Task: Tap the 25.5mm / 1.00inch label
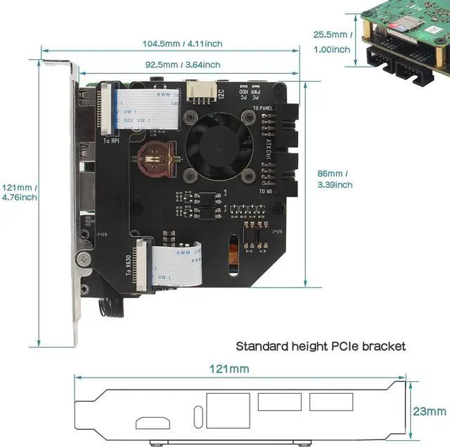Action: pos(331,41)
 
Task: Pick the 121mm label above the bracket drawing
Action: pos(229,369)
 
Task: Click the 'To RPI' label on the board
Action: pos(111,141)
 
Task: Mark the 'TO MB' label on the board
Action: pos(266,191)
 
